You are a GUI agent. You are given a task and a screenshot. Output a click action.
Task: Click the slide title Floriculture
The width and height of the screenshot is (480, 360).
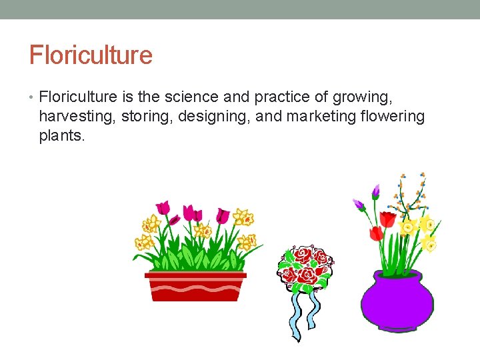coord(91,55)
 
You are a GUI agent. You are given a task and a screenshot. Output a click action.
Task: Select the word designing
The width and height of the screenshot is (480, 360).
coord(201,117)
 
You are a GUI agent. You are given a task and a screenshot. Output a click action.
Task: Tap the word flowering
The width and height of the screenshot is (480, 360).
coord(391,117)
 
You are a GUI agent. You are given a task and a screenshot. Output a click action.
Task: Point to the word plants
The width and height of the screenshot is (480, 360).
coord(62,137)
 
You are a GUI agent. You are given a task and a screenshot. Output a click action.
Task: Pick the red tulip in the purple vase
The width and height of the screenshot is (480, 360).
coord(376,233)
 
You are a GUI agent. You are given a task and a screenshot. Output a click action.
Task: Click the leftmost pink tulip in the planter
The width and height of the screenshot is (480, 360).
coord(163,207)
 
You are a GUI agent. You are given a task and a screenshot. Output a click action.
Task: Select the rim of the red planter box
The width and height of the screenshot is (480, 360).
coord(195,275)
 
